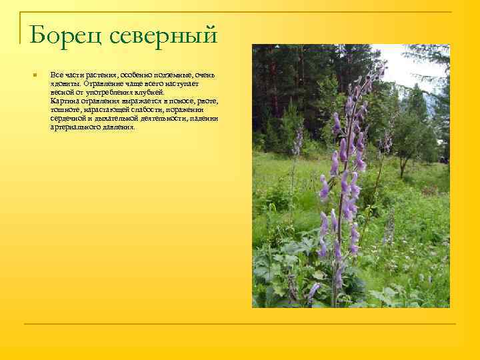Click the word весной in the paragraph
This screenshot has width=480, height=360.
[61, 93]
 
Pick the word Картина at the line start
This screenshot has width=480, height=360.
[63, 101]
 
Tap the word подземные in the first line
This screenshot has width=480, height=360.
[167, 75]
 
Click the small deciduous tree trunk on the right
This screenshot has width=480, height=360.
[401, 167]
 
